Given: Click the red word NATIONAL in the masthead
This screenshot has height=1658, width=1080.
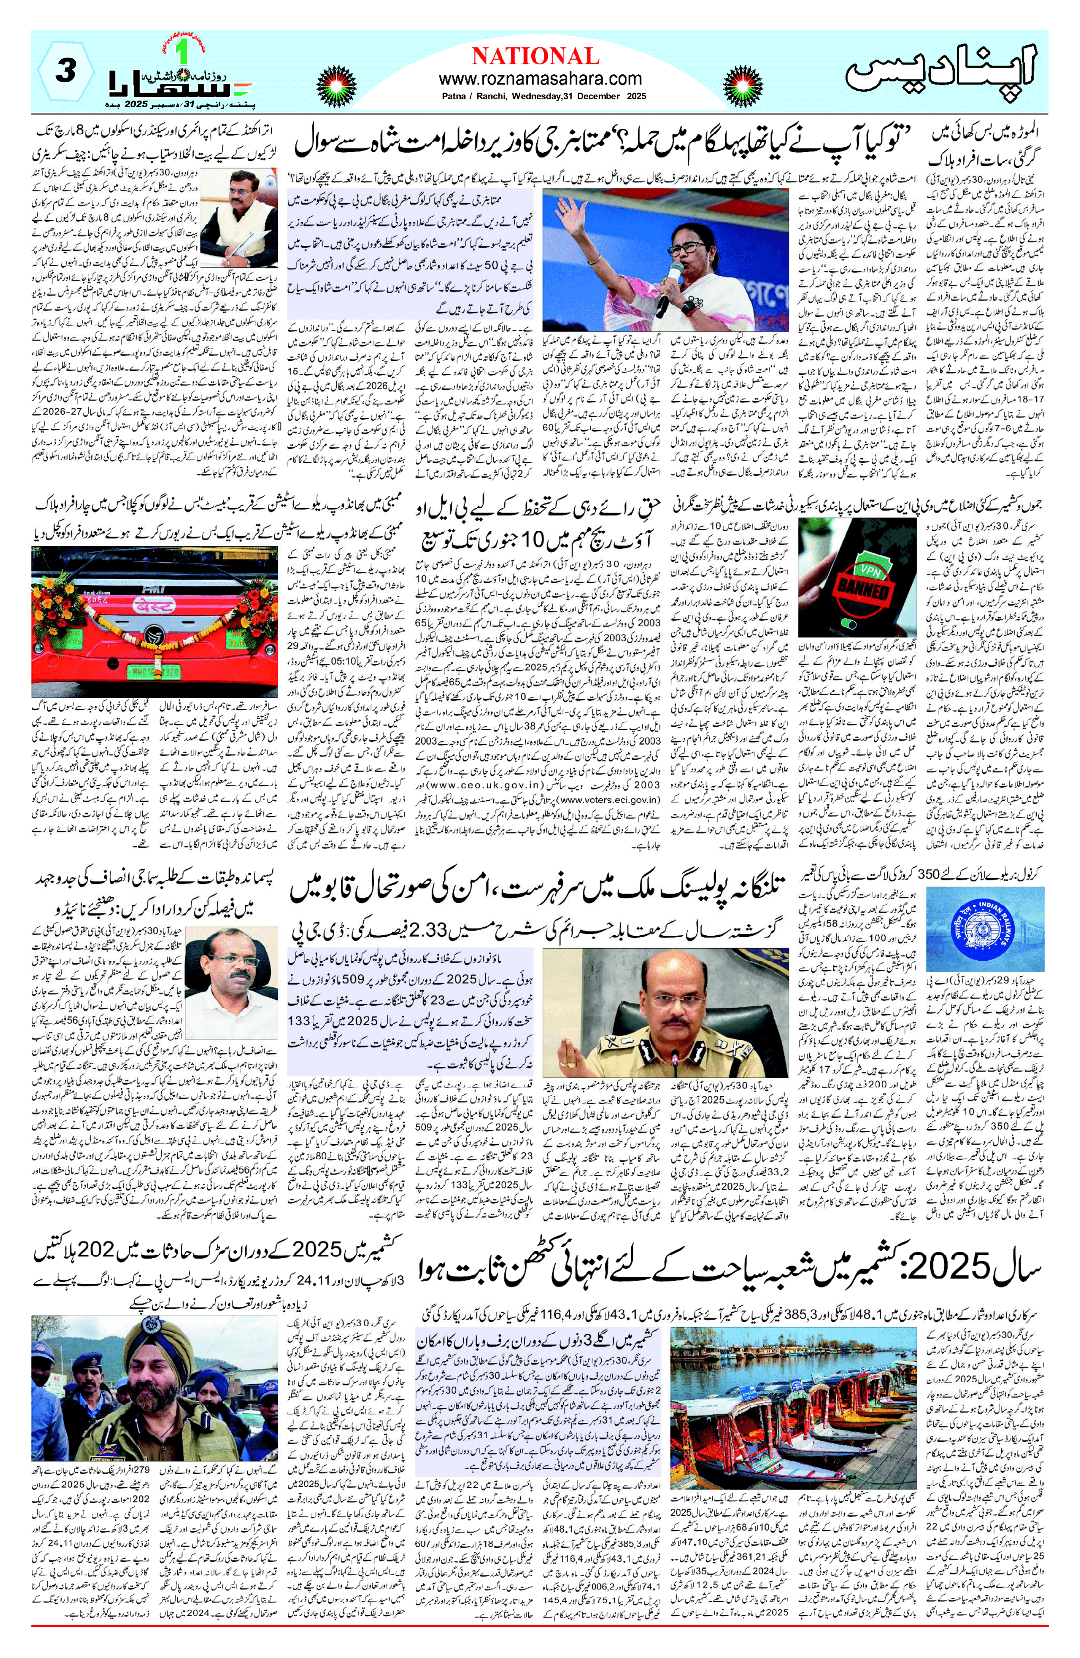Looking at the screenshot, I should pyautogui.click(x=535, y=56).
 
